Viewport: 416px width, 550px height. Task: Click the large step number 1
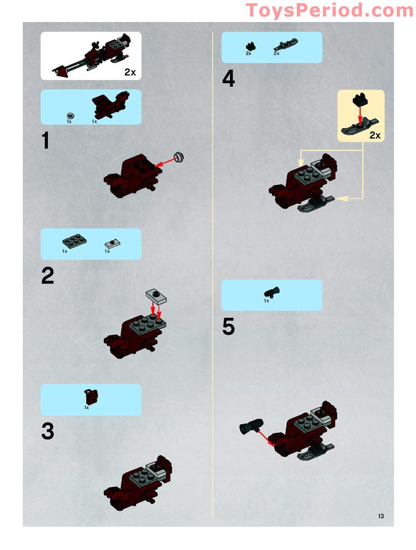46,141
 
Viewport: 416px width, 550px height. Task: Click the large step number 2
47,276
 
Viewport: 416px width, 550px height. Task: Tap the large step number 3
47,432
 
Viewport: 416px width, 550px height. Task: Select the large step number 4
228,79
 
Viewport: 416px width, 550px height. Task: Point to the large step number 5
228,327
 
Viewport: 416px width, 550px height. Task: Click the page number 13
381,516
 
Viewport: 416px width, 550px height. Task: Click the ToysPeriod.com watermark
329,11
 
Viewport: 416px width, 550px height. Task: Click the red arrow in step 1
166,162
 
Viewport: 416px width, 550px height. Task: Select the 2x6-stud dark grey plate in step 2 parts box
74,241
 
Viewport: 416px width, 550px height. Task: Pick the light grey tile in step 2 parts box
112,244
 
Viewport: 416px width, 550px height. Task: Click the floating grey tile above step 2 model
156,296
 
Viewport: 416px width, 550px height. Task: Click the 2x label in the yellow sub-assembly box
375,135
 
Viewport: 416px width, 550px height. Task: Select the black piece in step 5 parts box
272,292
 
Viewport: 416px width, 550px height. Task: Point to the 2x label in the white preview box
130,72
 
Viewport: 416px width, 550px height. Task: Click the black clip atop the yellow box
360,100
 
